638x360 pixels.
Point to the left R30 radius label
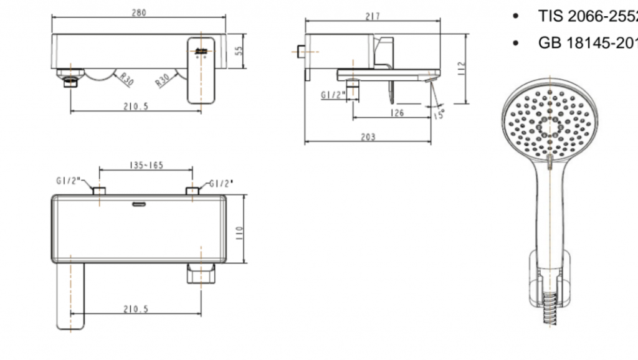[126, 79]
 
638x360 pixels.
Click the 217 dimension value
[372, 16]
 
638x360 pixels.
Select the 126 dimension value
[396, 113]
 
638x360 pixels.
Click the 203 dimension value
[368, 137]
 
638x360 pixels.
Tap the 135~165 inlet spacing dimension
[146, 166]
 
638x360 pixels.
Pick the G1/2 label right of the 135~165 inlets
[221, 183]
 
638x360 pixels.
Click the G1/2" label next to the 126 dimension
[332, 95]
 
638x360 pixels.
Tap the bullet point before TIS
[515, 17]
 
